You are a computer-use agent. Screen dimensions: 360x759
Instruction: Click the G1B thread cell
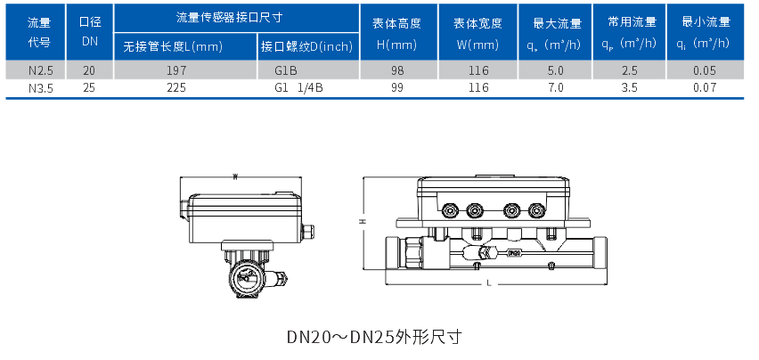click(288, 69)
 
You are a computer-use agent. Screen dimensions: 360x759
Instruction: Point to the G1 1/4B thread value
click(298, 87)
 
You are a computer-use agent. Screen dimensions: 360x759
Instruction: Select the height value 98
click(397, 69)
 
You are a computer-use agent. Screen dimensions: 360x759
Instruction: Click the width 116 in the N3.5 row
click(479, 87)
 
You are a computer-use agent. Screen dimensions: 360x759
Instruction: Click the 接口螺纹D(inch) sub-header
click(306, 46)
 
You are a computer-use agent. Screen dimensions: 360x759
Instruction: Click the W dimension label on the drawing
click(234, 176)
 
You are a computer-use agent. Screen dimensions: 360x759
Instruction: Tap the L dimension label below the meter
click(489, 282)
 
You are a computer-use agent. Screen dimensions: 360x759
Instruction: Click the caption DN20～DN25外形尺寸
click(373, 337)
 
